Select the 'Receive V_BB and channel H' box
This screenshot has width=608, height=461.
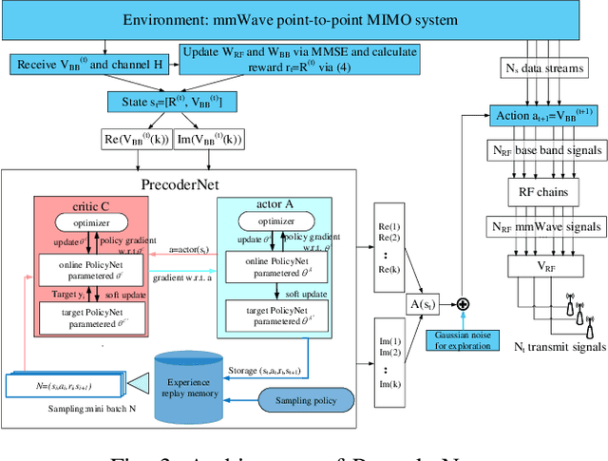click(85, 65)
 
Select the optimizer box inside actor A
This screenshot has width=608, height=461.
click(275, 221)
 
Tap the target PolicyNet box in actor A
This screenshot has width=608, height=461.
click(275, 315)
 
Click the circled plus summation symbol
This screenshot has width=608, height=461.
click(463, 304)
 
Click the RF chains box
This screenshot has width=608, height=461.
click(542, 189)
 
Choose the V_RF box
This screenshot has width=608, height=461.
click(542, 268)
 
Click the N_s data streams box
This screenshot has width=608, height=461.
click(542, 68)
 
